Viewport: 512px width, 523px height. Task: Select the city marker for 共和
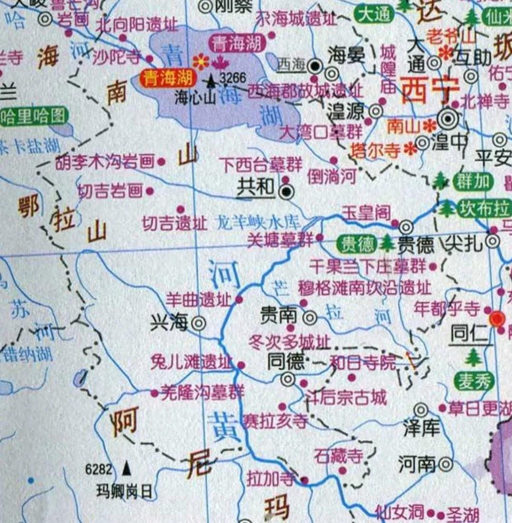pos(286,192)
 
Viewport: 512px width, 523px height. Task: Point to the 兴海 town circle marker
pos(198,323)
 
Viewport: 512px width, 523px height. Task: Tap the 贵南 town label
pos(278,315)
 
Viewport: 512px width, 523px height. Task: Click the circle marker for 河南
pos(446,463)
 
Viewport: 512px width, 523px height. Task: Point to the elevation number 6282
pos(99,470)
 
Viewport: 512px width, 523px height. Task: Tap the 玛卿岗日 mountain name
pos(124,491)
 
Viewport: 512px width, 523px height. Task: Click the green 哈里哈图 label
pos(33,116)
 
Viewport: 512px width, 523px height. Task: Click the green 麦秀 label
pos(473,381)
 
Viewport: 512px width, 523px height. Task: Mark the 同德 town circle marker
pos(288,379)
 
